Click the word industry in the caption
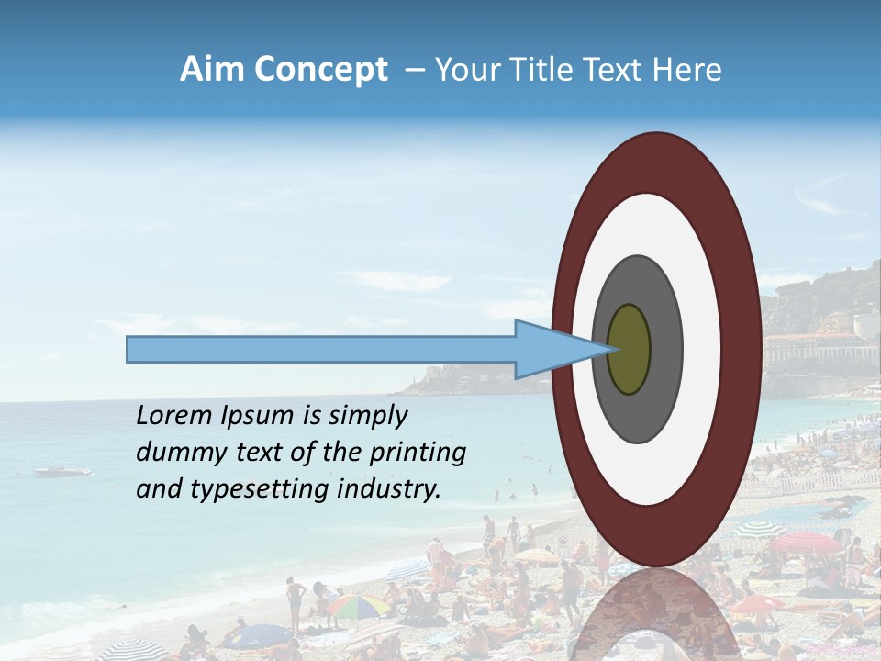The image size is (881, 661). (x=388, y=489)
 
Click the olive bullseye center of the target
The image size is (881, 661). (x=629, y=349)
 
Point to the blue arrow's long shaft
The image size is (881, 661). (x=321, y=349)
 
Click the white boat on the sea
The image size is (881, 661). (x=62, y=471)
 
